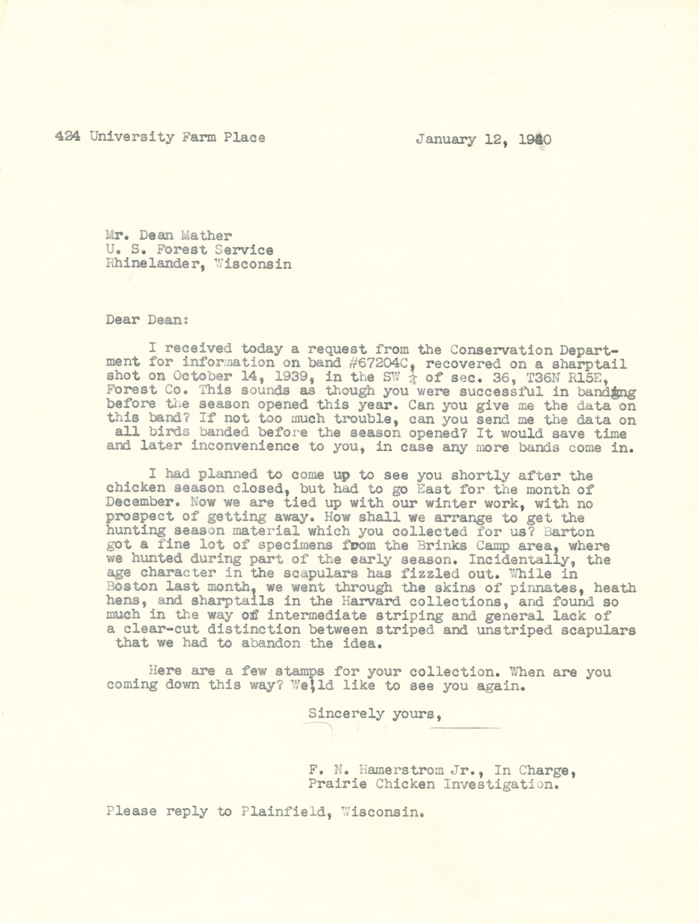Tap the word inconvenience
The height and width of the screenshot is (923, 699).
[245, 446]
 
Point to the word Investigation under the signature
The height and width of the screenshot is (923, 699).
[500, 784]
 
